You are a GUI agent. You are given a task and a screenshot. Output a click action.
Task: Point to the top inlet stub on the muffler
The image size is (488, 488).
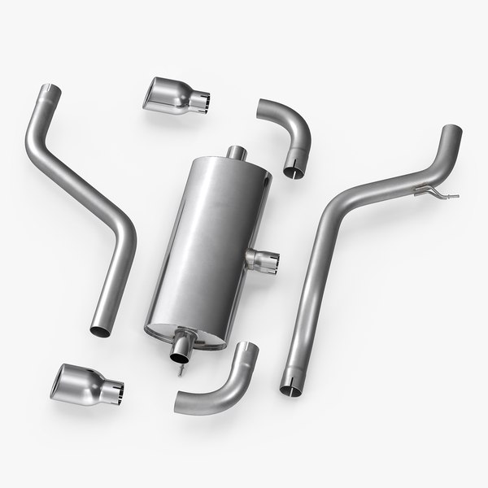tap(237, 152)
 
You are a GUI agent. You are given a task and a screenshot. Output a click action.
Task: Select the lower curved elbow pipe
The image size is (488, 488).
tap(219, 386)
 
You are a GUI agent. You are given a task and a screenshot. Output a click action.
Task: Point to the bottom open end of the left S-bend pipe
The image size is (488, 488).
tap(100, 330)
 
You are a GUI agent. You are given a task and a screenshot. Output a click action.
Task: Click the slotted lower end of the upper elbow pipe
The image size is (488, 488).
tap(295, 170)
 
